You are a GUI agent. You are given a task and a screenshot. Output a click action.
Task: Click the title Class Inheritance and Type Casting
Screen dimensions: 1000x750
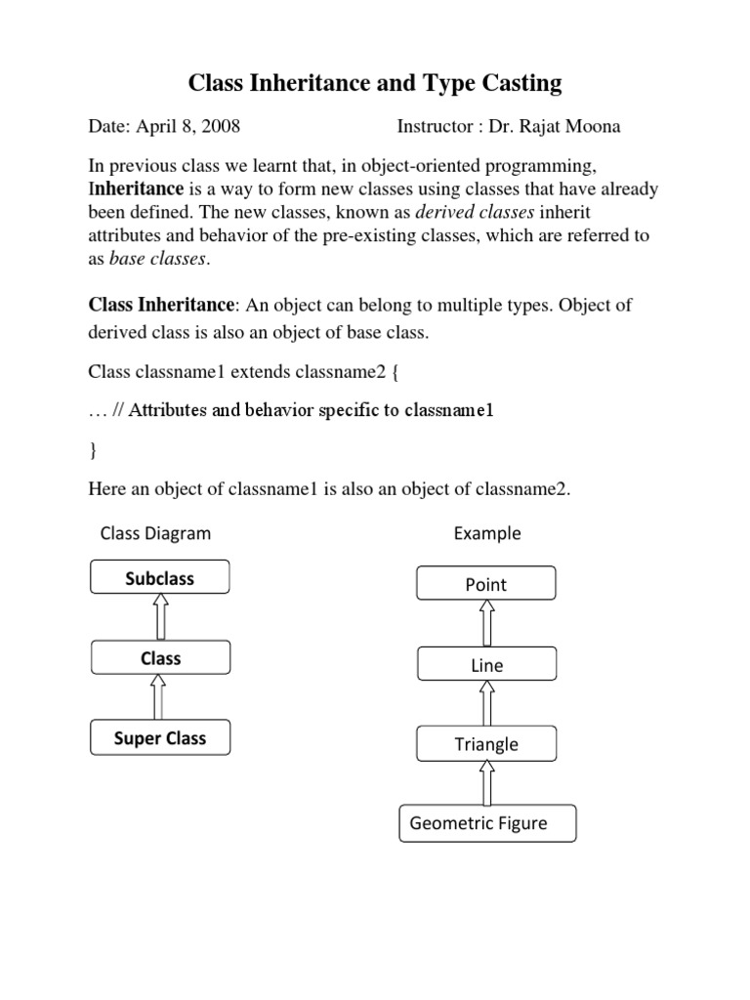(375, 84)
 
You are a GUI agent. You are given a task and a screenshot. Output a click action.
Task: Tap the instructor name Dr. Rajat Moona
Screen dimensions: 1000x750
(559, 127)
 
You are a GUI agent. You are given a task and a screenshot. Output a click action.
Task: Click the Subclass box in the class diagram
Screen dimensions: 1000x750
(160, 578)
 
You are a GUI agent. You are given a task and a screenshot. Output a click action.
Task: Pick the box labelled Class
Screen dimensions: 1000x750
(160, 658)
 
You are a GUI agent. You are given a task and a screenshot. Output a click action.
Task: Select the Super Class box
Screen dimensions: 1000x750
(160, 738)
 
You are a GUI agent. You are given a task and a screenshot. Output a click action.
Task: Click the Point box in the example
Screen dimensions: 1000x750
(486, 585)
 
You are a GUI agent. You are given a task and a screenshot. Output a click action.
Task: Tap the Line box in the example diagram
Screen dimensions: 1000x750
(486, 665)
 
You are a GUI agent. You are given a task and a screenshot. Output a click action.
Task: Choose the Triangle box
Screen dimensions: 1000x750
(486, 744)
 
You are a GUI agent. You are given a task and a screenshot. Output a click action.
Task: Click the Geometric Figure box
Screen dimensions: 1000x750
(487, 823)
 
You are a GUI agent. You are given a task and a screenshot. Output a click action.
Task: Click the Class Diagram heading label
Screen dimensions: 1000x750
(155, 533)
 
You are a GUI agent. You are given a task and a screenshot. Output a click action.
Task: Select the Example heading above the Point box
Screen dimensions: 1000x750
(486, 533)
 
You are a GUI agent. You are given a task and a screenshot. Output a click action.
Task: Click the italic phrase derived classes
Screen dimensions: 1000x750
(473, 213)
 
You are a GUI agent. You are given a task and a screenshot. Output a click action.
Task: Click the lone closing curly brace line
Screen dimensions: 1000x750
(93, 450)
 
